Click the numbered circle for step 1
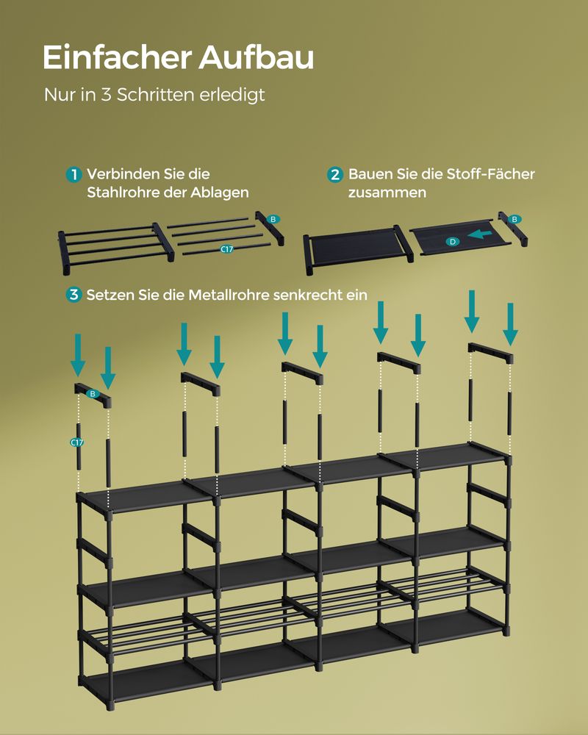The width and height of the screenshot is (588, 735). pos(73,175)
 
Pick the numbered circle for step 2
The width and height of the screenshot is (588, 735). pos(335,175)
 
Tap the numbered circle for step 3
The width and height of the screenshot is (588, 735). pos(73,295)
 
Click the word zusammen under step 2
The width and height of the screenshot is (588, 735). pos(387,193)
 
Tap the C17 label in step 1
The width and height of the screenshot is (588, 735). pos(227,249)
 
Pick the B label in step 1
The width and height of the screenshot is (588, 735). pos(272,219)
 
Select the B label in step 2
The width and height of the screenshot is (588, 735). pos(514,219)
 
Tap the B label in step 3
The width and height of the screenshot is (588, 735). pos(93,394)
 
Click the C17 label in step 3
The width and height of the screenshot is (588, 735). pos(76,442)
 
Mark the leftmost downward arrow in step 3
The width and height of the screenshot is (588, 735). pos(78,355)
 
